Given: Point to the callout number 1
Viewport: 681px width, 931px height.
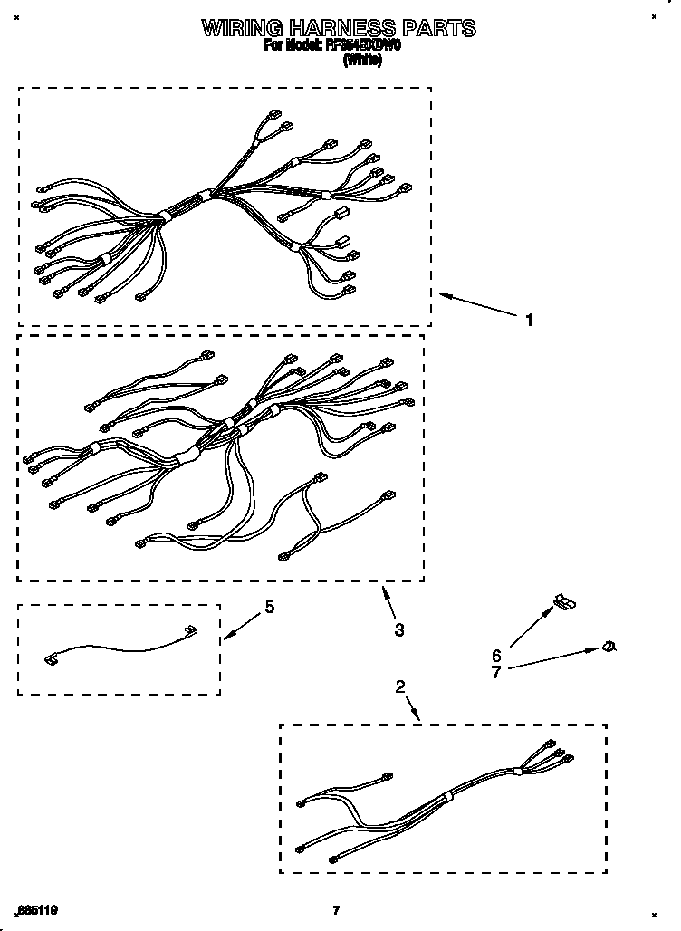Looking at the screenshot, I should pos(530,319).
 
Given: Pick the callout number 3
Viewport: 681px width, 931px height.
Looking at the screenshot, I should pos(398,629).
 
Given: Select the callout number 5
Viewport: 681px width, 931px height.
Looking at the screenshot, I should pos(269,608).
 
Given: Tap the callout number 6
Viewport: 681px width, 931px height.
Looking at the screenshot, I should pos(495,655).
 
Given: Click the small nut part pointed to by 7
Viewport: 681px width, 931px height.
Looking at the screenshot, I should pos(610,646).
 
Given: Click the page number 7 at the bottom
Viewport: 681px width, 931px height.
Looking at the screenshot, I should pos(335,910).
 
